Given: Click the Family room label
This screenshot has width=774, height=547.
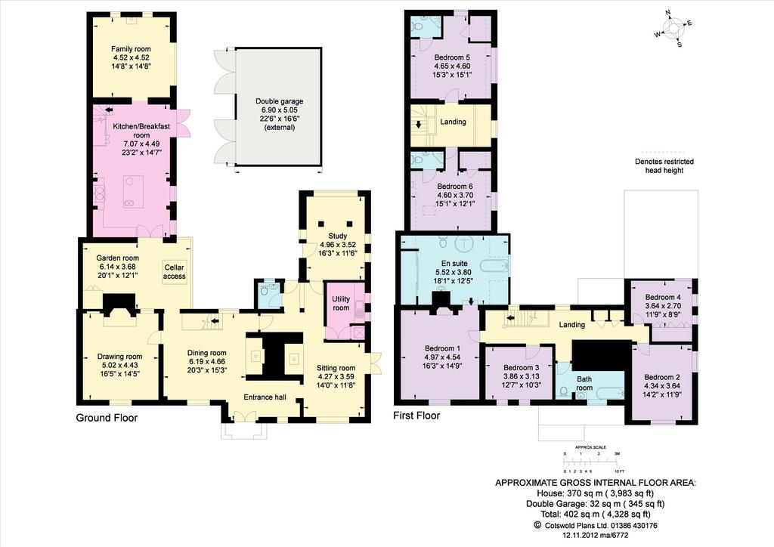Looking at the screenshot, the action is click(131, 49).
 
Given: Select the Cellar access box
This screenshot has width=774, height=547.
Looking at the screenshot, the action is click(175, 272).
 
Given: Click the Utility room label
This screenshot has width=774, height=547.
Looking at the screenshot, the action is click(341, 303).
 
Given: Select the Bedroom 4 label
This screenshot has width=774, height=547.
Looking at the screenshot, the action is click(662, 298).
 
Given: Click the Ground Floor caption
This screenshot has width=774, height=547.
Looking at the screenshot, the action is click(107, 419).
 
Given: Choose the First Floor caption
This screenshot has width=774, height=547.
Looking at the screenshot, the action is click(416, 416).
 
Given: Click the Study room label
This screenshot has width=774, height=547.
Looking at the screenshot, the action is click(338, 236).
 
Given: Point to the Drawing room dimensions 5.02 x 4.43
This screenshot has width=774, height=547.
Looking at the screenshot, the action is click(120, 365).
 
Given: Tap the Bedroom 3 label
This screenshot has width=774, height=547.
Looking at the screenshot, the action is click(522, 367).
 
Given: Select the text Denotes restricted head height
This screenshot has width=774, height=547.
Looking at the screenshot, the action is click(664, 165).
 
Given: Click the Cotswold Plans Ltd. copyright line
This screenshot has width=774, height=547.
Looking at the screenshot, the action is click(596, 526).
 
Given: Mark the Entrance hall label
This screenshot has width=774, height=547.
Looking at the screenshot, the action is click(265, 397).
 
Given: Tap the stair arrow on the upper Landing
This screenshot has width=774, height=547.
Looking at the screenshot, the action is click(419, 124).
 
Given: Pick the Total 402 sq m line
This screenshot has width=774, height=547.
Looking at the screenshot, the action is click(596, 514).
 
